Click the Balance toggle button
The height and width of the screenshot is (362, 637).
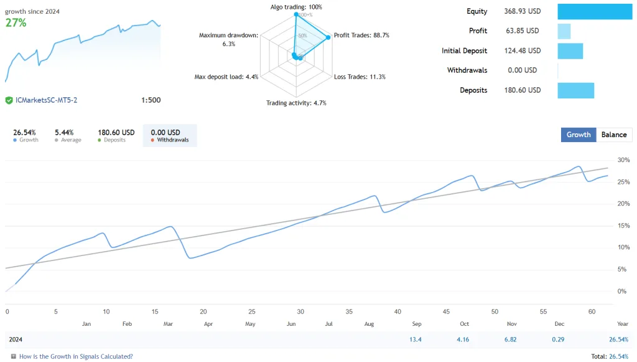[x=614, y=135]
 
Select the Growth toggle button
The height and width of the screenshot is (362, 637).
[x=578, y=135]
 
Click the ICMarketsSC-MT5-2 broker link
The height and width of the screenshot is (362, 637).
[x=46, y=100]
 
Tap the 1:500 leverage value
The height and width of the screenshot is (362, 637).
[x=151, y=100]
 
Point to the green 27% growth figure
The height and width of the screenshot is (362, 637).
[x=16, y=22]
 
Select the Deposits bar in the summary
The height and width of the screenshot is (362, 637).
[x=575, y=90]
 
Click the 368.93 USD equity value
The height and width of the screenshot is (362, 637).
[x=521, y=11]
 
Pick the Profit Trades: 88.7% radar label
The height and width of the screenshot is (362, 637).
[x=361, y=36]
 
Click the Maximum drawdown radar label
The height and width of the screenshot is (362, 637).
[x=228, y=39]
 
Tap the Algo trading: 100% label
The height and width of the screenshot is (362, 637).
[x=296, y=7]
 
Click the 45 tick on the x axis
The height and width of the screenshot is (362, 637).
[x=447, y=312]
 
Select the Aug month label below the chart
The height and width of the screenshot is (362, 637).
[x=370, y=324]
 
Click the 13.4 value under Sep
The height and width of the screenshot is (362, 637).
[x=416, y=340]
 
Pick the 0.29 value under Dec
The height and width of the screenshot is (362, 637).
[x=559, y=340]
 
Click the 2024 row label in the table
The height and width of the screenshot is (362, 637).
[x=16, y=340]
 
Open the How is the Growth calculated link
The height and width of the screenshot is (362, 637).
[x=76, y=356]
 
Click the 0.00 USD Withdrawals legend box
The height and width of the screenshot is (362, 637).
[x=170, y=135]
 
